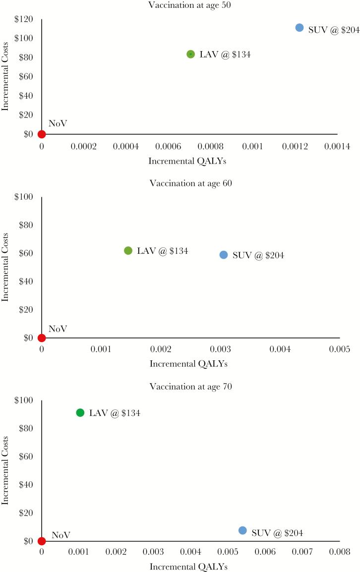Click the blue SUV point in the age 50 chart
pos(300,28)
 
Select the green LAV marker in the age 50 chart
pos(190,54)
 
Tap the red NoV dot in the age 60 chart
pos(42,338)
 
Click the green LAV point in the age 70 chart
pos(80,412)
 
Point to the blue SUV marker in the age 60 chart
pos(224,255)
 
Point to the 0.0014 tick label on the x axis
pos(337,147)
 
